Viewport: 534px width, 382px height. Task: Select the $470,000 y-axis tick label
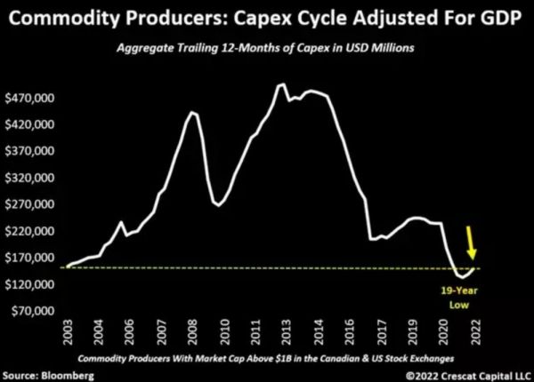[32, 98]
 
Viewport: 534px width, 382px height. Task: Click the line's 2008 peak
[192, 112]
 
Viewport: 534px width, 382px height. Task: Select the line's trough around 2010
[217, 204]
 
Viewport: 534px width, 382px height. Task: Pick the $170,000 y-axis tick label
[32, 258]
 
